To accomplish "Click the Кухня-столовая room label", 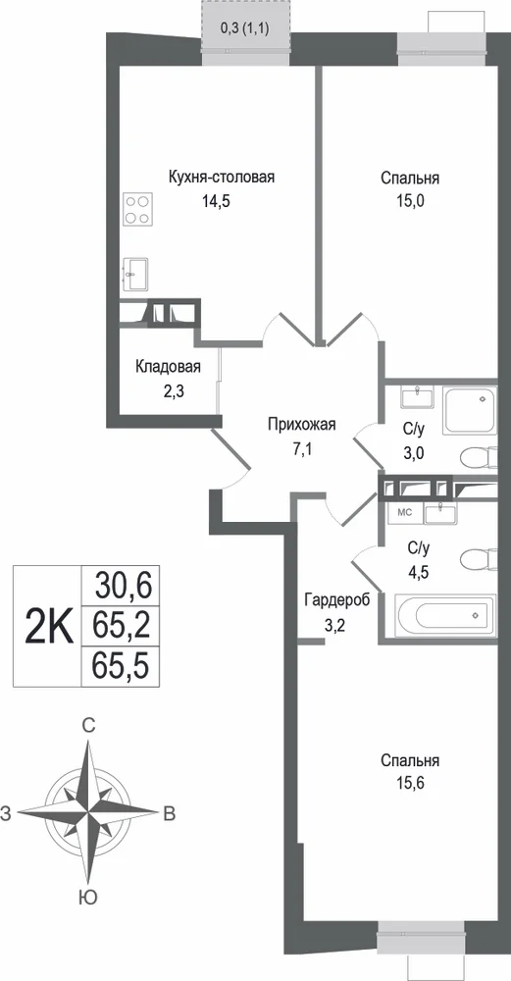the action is pyautogui.click(x=222, y=177).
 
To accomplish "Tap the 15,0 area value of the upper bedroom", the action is pyautogui.click(x=410, y=201).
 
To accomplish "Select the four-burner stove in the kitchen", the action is pyautogui.click(x=137, y=210).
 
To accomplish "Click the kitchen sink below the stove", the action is pyautogui.click(x=134, y=275).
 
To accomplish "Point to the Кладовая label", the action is pyautogui.click(x=169, y=367).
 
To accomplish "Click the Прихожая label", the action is pyautogui.click(x=302, y=424).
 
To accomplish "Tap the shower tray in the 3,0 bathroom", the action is pyautogui.click(x=470, y=410).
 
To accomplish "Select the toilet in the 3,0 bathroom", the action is pyautogui.click(x=479, y=458).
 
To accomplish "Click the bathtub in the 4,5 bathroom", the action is pyautogui.click(x=445, y=614).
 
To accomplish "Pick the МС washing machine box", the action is pyautogui.click(x=404, y=513).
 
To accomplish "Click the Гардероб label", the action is pyautogui.click(x=337, y=600).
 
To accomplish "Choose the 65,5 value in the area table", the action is pyautogui.click(x=124, y=665).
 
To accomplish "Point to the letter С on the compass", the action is pyautogui.click(x=89, y=725).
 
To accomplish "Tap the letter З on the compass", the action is pyautogui.click(x=6, y=812).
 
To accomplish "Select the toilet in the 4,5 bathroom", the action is pyautogui.click(x=479, y=557).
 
